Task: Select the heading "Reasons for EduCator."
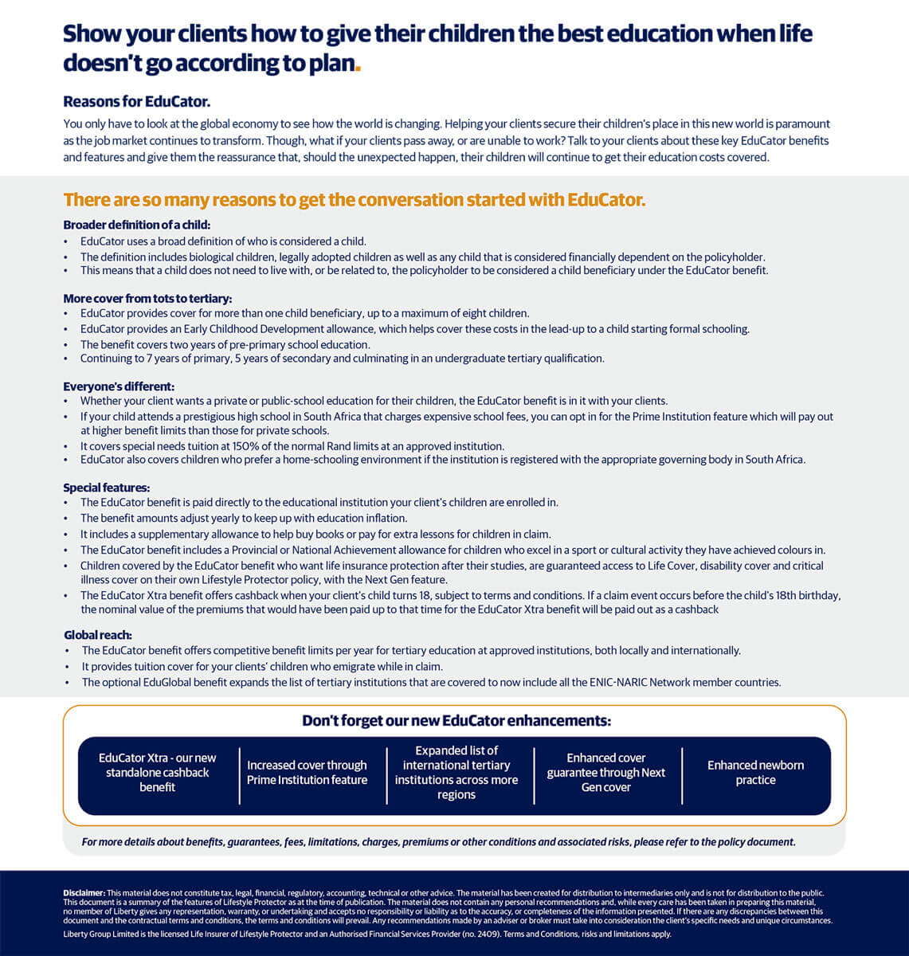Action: click(136, 101)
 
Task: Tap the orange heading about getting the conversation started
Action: click(354, 199)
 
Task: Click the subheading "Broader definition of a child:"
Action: click(136, 225)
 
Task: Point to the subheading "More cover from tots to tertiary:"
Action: click(147, 299)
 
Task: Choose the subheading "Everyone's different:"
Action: click(119, 386)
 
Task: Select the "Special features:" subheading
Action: click(107, 488)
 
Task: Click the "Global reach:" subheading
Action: click(98, 635)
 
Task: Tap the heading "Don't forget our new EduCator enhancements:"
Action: click(456, 721)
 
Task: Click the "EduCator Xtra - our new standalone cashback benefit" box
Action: click(158, 772)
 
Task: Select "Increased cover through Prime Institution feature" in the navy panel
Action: click(307, 772)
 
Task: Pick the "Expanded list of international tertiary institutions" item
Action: click(456, 772)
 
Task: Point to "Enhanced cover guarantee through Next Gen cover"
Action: click(606, 772)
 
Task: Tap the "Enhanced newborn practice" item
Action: click(755, 772)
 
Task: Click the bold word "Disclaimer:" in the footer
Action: click(84, 893)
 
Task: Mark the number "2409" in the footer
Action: click(489, 934)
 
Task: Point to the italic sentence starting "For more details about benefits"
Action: click(438, 842)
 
